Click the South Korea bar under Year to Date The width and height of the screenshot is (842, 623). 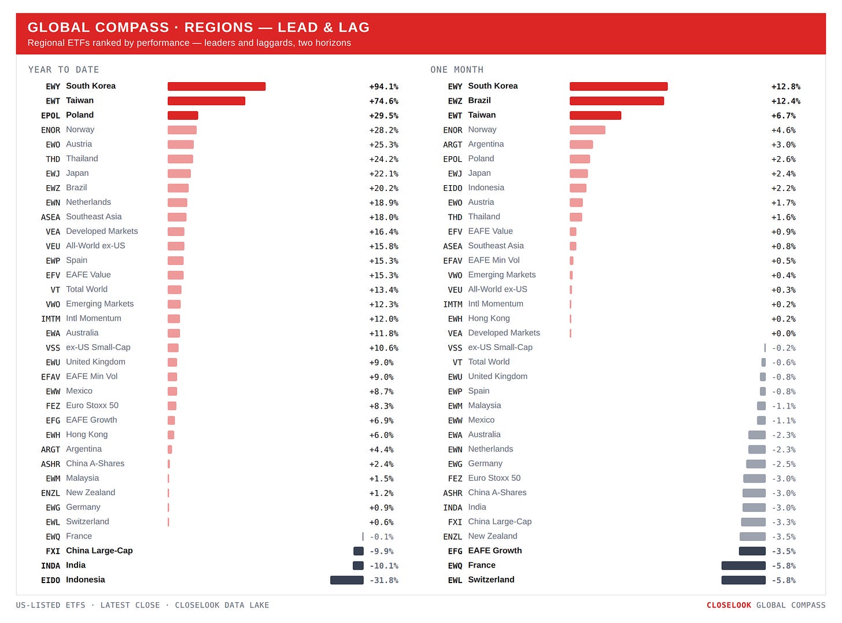tap(216, 86)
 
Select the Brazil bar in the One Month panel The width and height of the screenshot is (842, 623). tap(616, 101)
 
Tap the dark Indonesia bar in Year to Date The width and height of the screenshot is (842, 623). tap(346, 580)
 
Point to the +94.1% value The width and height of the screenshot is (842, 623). tap(383, 87)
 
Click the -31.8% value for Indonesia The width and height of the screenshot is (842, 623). tap(384, 580)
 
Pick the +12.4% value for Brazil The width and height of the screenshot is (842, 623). tap(785, 101)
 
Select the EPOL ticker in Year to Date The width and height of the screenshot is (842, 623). tap(50, 116)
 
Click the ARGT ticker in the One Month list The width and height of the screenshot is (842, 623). tap(452, 145)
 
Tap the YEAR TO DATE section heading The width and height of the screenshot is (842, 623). tap(64, 69)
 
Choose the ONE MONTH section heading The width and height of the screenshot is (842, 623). tap(457, 69)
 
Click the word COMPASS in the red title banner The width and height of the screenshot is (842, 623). tap(132, 27)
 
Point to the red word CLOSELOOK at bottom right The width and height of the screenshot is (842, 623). tap(729, 605)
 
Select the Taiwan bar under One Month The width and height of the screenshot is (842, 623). tap(595, 115)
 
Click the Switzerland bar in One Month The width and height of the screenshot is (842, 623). tap(743, 580)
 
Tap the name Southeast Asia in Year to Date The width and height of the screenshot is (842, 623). tap(94, 216)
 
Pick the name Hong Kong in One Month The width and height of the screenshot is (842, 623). tap(489, 318)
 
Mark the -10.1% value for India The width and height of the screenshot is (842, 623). tap(384, 566)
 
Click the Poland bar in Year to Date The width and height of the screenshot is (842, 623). tap(183, 115)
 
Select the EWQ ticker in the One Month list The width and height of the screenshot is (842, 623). tap(455, 566)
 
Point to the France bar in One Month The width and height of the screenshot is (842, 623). tap(743, 566)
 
